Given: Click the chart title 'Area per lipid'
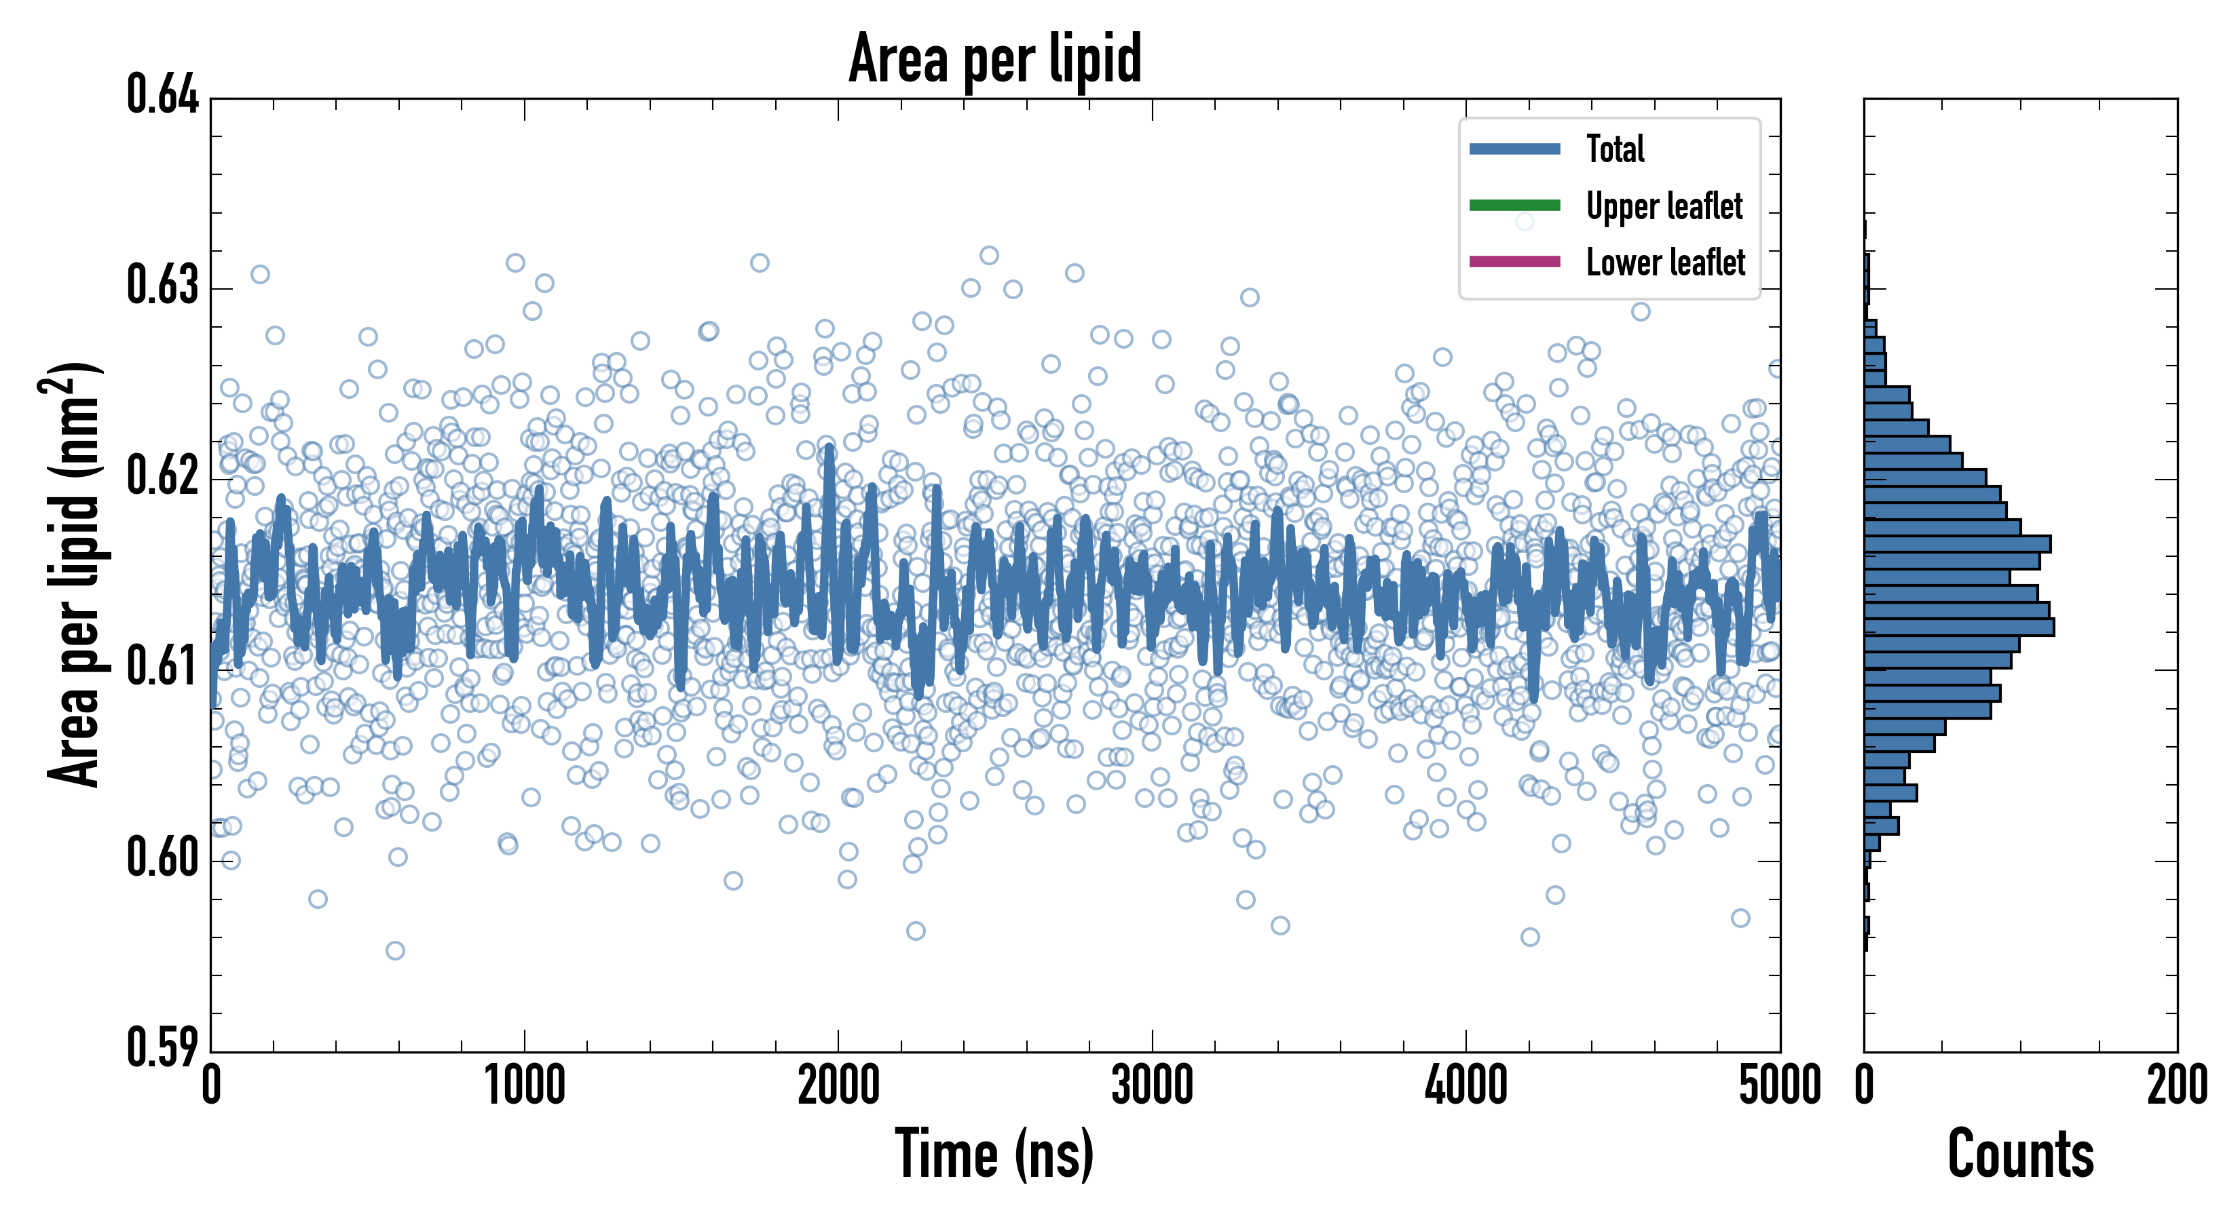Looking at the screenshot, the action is coord(995,59).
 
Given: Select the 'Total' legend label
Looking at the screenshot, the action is coord(1615,149).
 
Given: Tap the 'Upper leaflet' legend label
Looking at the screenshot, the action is coord(1664,206).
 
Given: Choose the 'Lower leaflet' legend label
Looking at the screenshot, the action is coord(1665,262).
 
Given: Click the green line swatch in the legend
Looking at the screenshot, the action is coord(1515,205).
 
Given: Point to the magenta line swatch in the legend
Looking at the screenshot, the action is coord(1515,262).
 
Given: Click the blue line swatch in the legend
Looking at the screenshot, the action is coord(1515,149).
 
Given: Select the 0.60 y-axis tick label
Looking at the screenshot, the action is coord(163,857).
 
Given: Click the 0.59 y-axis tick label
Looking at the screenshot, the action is coord(163,1047).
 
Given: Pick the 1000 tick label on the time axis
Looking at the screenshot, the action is coord(525,1085).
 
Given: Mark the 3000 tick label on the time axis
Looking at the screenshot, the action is coord(1152,1085).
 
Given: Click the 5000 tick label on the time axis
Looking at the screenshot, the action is coord(1780,1085).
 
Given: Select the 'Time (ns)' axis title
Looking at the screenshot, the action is coord(995,1154).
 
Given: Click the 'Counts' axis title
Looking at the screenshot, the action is coord(2021,1153).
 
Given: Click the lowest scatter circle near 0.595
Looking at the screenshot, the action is coord(395,951).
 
